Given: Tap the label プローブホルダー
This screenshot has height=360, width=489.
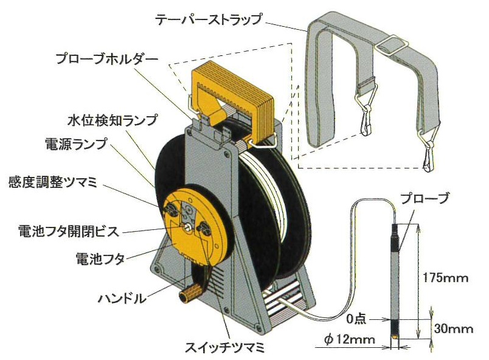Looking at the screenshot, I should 106,60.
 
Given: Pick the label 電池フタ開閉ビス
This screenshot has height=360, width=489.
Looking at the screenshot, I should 69,232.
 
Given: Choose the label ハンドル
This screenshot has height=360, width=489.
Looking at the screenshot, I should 122,299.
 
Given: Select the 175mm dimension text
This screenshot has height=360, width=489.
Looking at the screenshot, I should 445,279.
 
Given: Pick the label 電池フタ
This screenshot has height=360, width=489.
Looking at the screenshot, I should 100,258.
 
